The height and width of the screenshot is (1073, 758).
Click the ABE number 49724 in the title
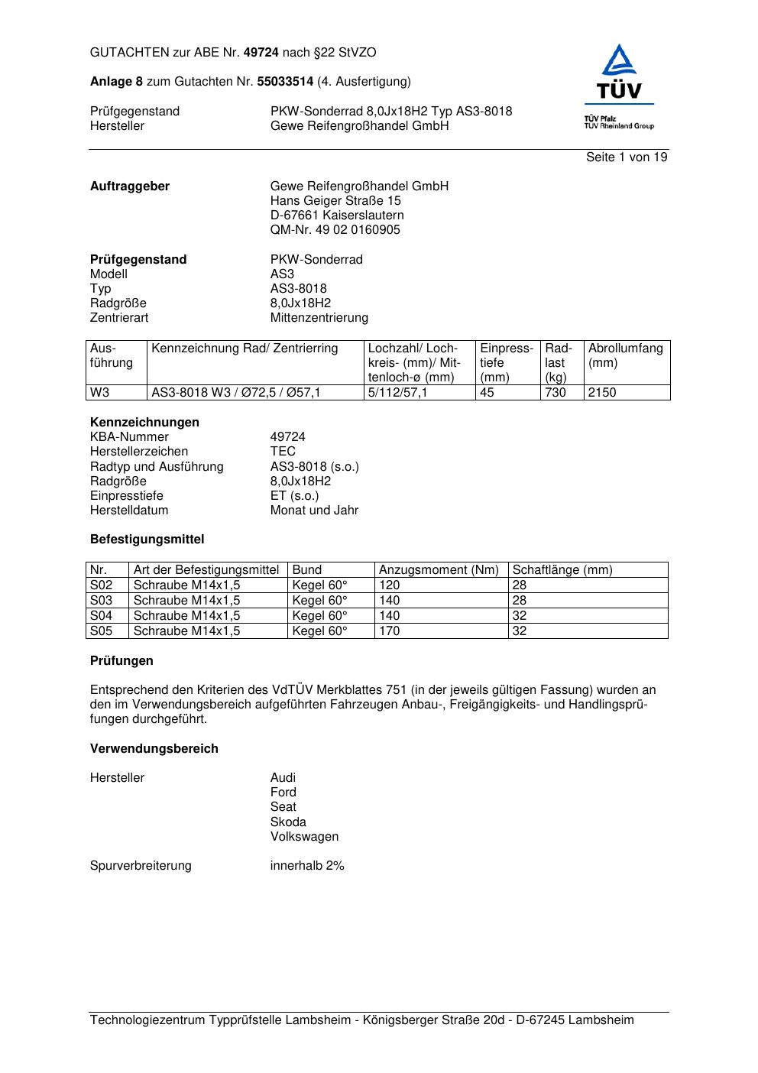261,53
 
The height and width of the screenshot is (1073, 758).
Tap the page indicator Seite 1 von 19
627,157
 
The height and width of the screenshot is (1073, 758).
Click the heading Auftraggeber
130,186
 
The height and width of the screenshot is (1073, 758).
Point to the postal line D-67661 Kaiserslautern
337,215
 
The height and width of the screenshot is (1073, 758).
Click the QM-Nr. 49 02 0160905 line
335,229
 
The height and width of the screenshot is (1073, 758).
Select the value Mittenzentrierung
319,317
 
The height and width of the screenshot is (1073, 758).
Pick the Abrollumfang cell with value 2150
602,392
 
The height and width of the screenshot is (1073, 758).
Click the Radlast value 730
556,392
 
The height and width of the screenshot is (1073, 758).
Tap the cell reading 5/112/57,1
397,392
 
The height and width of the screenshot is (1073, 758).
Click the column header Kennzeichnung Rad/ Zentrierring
245,348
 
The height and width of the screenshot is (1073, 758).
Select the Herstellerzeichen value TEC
283,451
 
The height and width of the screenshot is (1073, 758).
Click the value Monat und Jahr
314,510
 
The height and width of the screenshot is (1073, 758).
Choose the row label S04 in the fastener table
102,615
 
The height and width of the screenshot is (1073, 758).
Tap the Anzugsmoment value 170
390,631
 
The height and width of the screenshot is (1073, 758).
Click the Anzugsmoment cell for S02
390,585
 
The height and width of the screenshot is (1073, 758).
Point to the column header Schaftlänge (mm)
562,569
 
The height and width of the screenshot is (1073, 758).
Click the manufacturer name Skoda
288,822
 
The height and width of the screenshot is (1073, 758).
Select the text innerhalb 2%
307,865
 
